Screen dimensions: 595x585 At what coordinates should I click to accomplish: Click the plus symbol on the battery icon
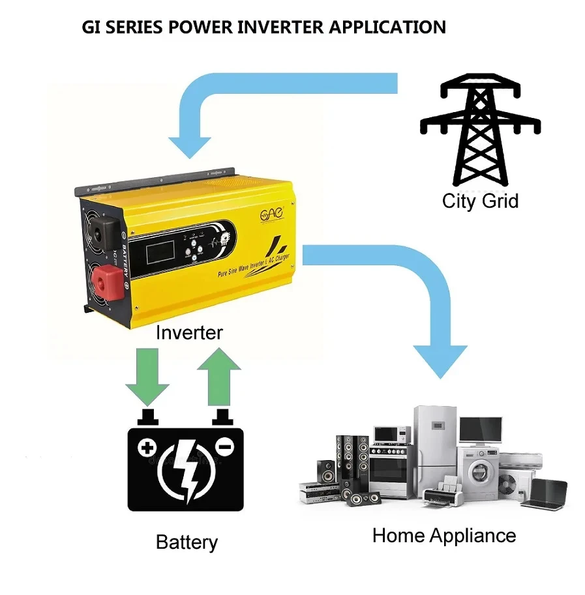point(147,448)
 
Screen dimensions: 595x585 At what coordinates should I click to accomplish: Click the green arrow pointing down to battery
point(147,375)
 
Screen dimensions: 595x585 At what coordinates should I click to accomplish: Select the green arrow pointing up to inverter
point(218,375)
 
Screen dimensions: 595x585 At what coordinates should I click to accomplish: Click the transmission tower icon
point(481,130)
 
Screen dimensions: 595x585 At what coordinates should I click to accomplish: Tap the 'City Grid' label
point(480,201)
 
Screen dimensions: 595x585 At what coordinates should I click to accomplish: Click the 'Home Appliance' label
point(443,536)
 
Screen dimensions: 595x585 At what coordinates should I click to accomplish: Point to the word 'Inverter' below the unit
point(189,332)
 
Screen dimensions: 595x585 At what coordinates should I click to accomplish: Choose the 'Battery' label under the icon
point(187,542)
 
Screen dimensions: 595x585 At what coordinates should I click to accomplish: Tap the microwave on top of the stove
point(391,435)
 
